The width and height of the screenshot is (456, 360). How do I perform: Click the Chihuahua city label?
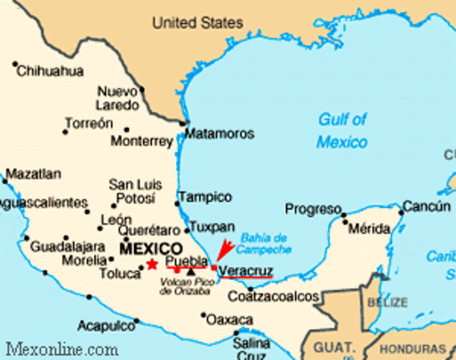(x=49, y=72)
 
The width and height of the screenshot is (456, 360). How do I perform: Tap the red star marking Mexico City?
(x=152, y=263)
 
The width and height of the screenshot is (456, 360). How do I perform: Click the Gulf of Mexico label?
(x=342, y=130)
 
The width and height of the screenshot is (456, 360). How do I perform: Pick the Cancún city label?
(x=427, y=205)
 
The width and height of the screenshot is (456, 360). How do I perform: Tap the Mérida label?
(x=367, y=227)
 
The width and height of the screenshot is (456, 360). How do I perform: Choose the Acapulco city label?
(x=106, y=325)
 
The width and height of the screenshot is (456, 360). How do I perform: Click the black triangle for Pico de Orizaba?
(x=193, y=271)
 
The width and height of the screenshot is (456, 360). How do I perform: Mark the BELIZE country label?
(x=387, y=302)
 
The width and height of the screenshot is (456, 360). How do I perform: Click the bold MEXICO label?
(x=151, y=248)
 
